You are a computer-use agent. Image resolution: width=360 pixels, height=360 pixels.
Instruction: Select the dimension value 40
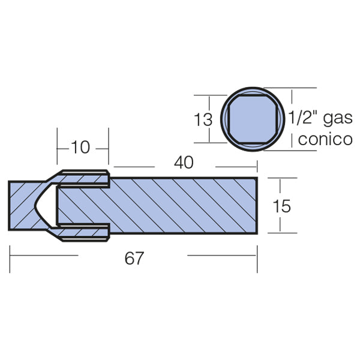pos(184,163)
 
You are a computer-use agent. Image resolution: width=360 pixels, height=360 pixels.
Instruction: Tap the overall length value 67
pos(134,259)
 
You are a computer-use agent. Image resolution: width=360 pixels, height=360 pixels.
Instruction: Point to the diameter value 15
pos(281,206)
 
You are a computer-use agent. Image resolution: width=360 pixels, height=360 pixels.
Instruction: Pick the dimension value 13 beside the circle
pos(203,119)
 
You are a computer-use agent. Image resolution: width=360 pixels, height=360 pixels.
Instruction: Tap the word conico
pos(325,140)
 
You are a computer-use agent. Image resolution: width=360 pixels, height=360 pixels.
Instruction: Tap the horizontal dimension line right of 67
pos(222,255)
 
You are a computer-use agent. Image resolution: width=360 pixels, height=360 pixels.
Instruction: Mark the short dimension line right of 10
pos(102,146)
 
